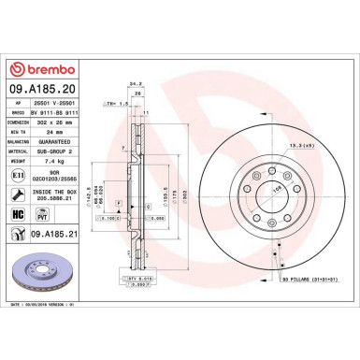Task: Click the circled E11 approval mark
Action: pos(20,175)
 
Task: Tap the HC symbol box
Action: pos(20,214)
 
